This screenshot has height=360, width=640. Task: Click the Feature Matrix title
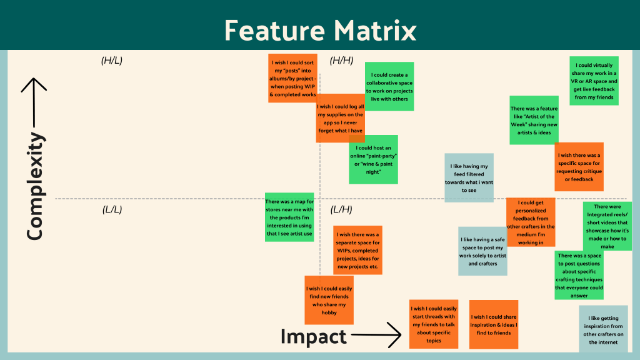pos(319,29)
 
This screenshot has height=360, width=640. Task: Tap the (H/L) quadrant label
pos(112,61)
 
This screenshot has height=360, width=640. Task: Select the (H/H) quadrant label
pos(342,61)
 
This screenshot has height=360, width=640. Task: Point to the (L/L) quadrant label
pos(112,209)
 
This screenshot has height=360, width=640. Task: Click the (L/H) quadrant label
pos(341,209)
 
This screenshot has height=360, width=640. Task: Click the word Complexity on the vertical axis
pos(36,186)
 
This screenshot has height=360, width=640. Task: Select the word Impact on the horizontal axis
pos(313,337)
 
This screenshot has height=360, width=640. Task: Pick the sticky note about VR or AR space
pos(594,81)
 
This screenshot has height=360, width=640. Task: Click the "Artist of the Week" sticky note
pos(534,120)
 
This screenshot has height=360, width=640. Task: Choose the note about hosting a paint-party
pos(373,159)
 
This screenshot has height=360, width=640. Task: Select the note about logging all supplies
pos(340,118)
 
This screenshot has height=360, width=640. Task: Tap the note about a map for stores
pos(289,217)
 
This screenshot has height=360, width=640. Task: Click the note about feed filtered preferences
pos(469,177)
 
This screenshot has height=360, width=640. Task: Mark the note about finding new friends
pos(329,299)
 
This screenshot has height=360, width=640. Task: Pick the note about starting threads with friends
pos(434,324)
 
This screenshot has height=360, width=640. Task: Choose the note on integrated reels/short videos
pos(607,226)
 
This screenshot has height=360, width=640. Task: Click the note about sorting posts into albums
pos(292,78)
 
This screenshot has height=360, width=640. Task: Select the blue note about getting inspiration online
pos(603,329)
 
